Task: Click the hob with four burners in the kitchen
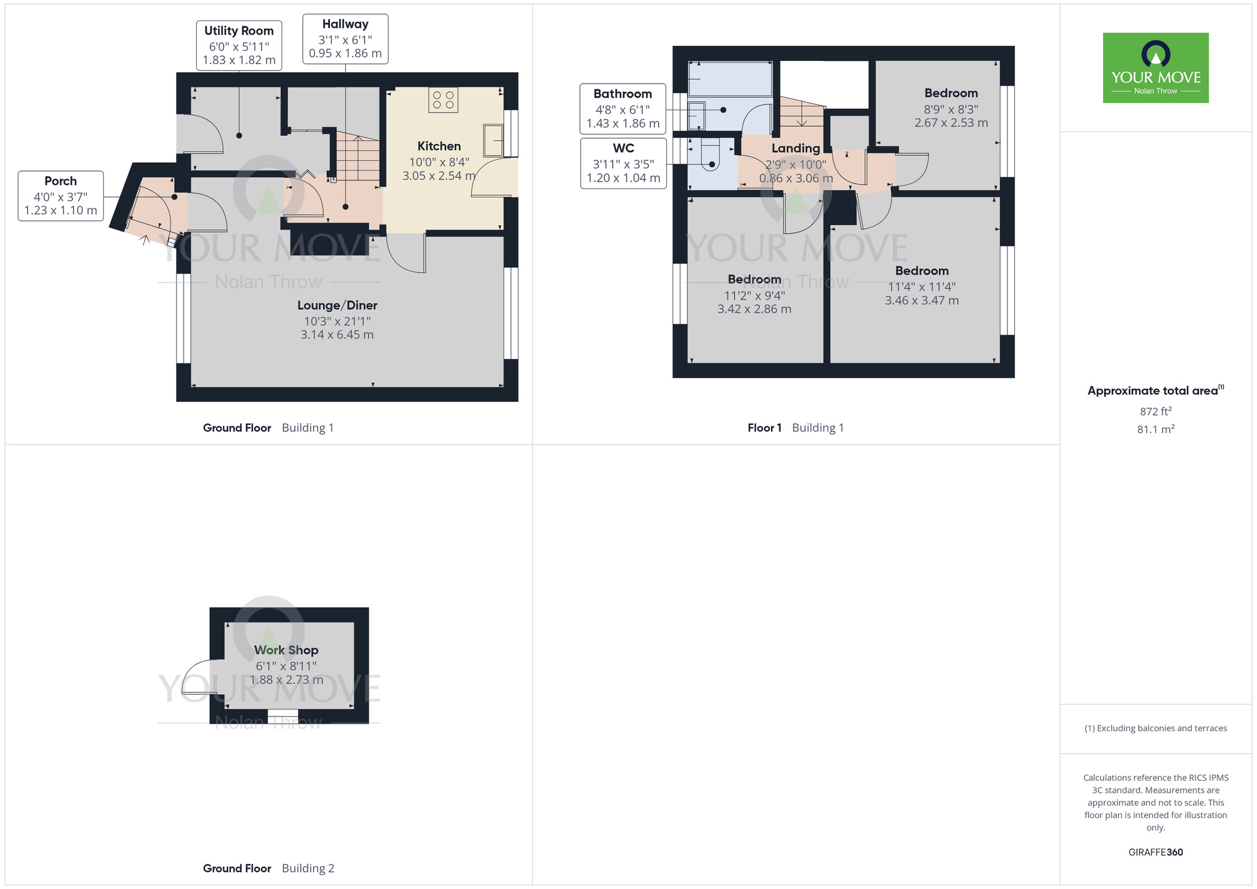(443, 100)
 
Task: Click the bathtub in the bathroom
(730, 79)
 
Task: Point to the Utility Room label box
(239, 45)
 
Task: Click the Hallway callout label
(345, 39)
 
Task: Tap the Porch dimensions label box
(60, 196)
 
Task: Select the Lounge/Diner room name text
(337, 306)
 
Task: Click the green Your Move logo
(1155, 68)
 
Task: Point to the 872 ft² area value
(1155, 411)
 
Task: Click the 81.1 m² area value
(1155, 429)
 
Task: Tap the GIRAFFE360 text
(1155, 852)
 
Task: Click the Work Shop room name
(286, 650)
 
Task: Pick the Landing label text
(796, 148)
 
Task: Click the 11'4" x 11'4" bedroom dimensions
(921, 287)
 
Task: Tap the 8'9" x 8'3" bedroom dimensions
(950, 109)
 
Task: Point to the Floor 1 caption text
(764, 428)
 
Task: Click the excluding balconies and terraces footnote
(1155, 728)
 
